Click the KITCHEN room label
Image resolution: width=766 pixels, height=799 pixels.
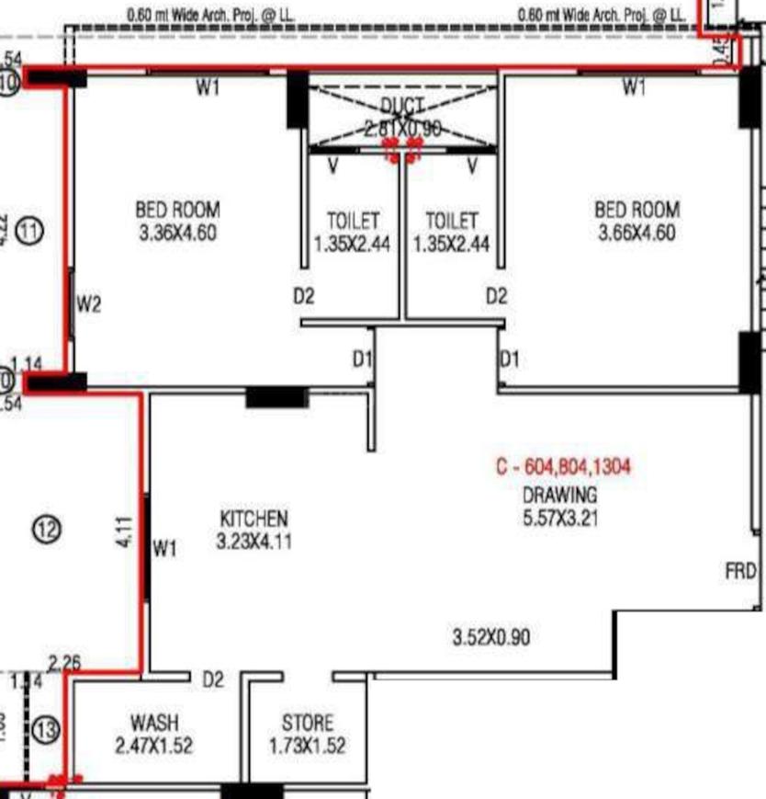[253, 519]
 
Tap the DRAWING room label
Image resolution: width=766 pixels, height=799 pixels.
[560, 494]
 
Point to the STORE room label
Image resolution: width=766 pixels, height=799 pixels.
[308, 723]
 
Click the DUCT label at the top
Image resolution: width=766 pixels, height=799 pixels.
[402, 106]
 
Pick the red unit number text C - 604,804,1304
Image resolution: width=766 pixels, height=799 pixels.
[564, 467]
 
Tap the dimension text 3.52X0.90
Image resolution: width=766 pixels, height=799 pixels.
[491, 636]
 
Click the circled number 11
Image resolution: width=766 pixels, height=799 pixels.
[30, 230]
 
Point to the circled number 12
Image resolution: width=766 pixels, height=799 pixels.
[47, 529]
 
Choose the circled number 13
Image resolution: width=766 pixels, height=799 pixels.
[46, 731]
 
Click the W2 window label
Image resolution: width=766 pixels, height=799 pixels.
[88, 304]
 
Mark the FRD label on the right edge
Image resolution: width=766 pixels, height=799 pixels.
[740, 571]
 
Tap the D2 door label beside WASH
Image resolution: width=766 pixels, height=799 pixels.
[213, 680]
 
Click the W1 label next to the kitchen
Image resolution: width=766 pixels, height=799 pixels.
[164, 550]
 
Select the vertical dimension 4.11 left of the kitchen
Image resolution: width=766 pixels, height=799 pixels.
[127, 532]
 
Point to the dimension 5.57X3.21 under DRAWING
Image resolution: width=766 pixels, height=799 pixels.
[560, 518]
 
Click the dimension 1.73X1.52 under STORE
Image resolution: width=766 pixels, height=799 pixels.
[308, 746]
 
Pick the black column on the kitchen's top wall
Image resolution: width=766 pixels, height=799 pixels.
[276, 397]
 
